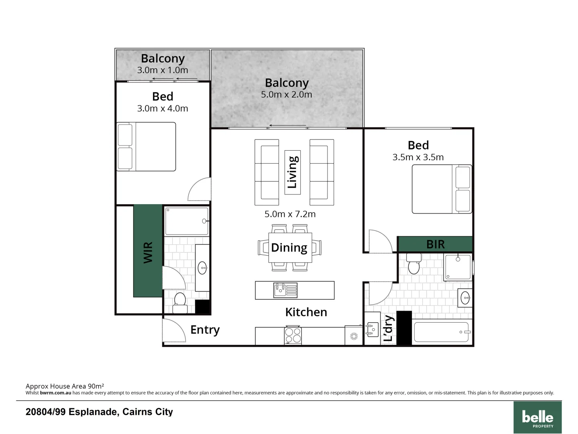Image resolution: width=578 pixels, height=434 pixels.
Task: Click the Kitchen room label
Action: pos(306,312)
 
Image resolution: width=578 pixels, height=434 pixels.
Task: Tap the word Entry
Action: pos(205,330)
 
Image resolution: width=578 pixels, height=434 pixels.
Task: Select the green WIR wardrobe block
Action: pos(148,251)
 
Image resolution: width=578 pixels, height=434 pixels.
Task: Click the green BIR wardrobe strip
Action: pos(435,244)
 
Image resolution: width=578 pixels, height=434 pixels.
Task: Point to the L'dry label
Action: pos(388,328)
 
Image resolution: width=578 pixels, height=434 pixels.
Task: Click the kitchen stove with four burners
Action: pos(293,336)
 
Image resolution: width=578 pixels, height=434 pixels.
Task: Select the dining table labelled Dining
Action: pos(290,248)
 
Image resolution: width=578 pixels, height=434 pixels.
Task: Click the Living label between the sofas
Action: pos(292,172)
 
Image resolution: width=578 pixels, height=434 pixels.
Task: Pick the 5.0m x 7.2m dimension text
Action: pos(290,214)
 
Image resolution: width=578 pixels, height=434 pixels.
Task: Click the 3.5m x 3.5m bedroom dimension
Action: pos(418,157)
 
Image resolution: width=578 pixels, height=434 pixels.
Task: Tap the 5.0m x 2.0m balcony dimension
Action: pos(286,94)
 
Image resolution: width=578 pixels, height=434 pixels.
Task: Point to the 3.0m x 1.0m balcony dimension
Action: pos(163,70)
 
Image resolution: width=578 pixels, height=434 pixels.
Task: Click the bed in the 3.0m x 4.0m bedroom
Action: pos(146,147)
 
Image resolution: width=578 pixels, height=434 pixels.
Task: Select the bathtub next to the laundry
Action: pos(441,332)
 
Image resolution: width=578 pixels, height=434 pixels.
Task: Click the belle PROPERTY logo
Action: pos(537,418)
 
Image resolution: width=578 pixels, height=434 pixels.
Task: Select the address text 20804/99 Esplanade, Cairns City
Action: pos(99,412)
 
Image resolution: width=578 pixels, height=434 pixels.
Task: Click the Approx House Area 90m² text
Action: pos(65,386)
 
